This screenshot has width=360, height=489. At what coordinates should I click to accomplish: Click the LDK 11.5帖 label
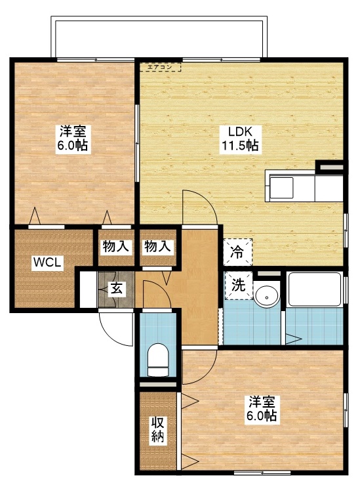coord(241,138)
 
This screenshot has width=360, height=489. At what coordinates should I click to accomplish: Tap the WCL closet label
coord(48,263)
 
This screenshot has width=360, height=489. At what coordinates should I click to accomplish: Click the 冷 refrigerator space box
coord(237,250)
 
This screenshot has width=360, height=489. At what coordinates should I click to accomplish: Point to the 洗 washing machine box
coord(238,285)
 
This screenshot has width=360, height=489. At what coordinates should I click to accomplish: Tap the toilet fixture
coord(158,360)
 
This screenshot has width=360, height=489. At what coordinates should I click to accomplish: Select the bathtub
coord(314,289)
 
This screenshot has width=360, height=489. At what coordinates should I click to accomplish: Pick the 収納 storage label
coord(158,431)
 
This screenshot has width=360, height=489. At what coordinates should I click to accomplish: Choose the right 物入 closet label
coord(157,247)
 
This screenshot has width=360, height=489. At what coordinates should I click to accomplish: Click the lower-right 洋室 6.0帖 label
coord(261,409)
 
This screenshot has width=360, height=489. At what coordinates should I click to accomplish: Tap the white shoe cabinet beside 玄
coord(87,288)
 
